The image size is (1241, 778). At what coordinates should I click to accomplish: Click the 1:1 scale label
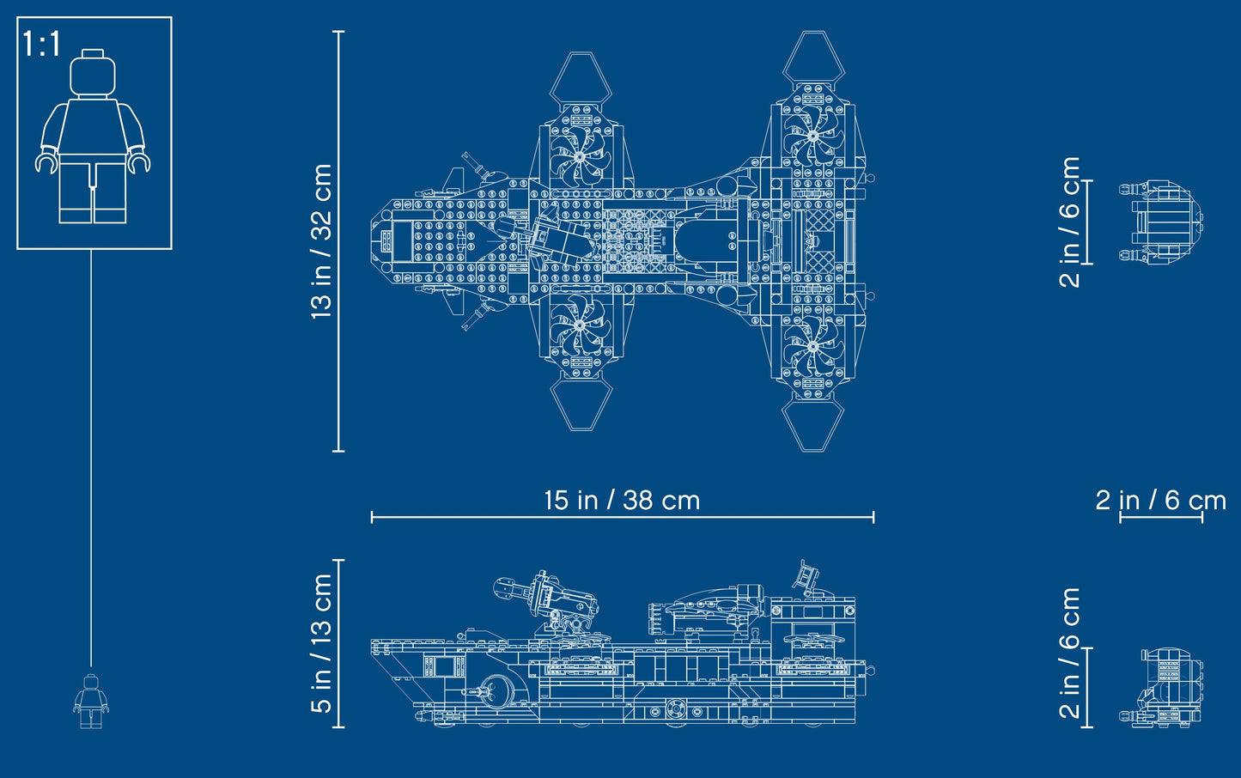[x=42, y=44]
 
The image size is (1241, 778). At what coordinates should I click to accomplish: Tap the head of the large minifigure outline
[x=93, y=74]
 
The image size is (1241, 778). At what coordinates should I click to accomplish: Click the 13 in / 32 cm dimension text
[x=321, y=241]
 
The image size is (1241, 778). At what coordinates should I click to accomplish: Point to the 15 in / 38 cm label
[x=622, y=500]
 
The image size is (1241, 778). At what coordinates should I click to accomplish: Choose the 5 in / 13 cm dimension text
[x=321, y=643]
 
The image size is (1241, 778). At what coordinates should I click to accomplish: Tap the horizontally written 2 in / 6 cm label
[x=1160, y=500]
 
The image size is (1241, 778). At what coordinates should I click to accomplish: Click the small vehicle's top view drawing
[x=1160, y=221]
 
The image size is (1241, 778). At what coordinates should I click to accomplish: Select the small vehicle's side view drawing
[x=1161, y=688]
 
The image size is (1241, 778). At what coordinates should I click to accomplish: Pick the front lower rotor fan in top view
[x=580, y=326]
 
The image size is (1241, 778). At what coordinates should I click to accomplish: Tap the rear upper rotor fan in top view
[x=811, y=136]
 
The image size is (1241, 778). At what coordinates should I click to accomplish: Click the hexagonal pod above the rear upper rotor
[x=811, y=58]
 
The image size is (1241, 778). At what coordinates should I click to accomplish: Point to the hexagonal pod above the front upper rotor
[x=580, y=78]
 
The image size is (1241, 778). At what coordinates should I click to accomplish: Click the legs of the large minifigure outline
[x=93, y=191]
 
